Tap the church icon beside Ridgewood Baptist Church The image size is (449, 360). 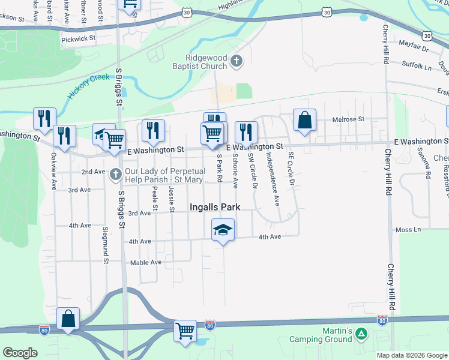[237, 61]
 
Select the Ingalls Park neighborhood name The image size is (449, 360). [215, 207]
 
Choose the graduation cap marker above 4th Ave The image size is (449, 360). [223, 230]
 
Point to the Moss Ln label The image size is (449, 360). [408, 230]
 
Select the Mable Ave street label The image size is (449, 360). [146, 263]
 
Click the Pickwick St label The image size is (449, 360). [78, 38]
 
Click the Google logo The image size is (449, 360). [20, 353]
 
